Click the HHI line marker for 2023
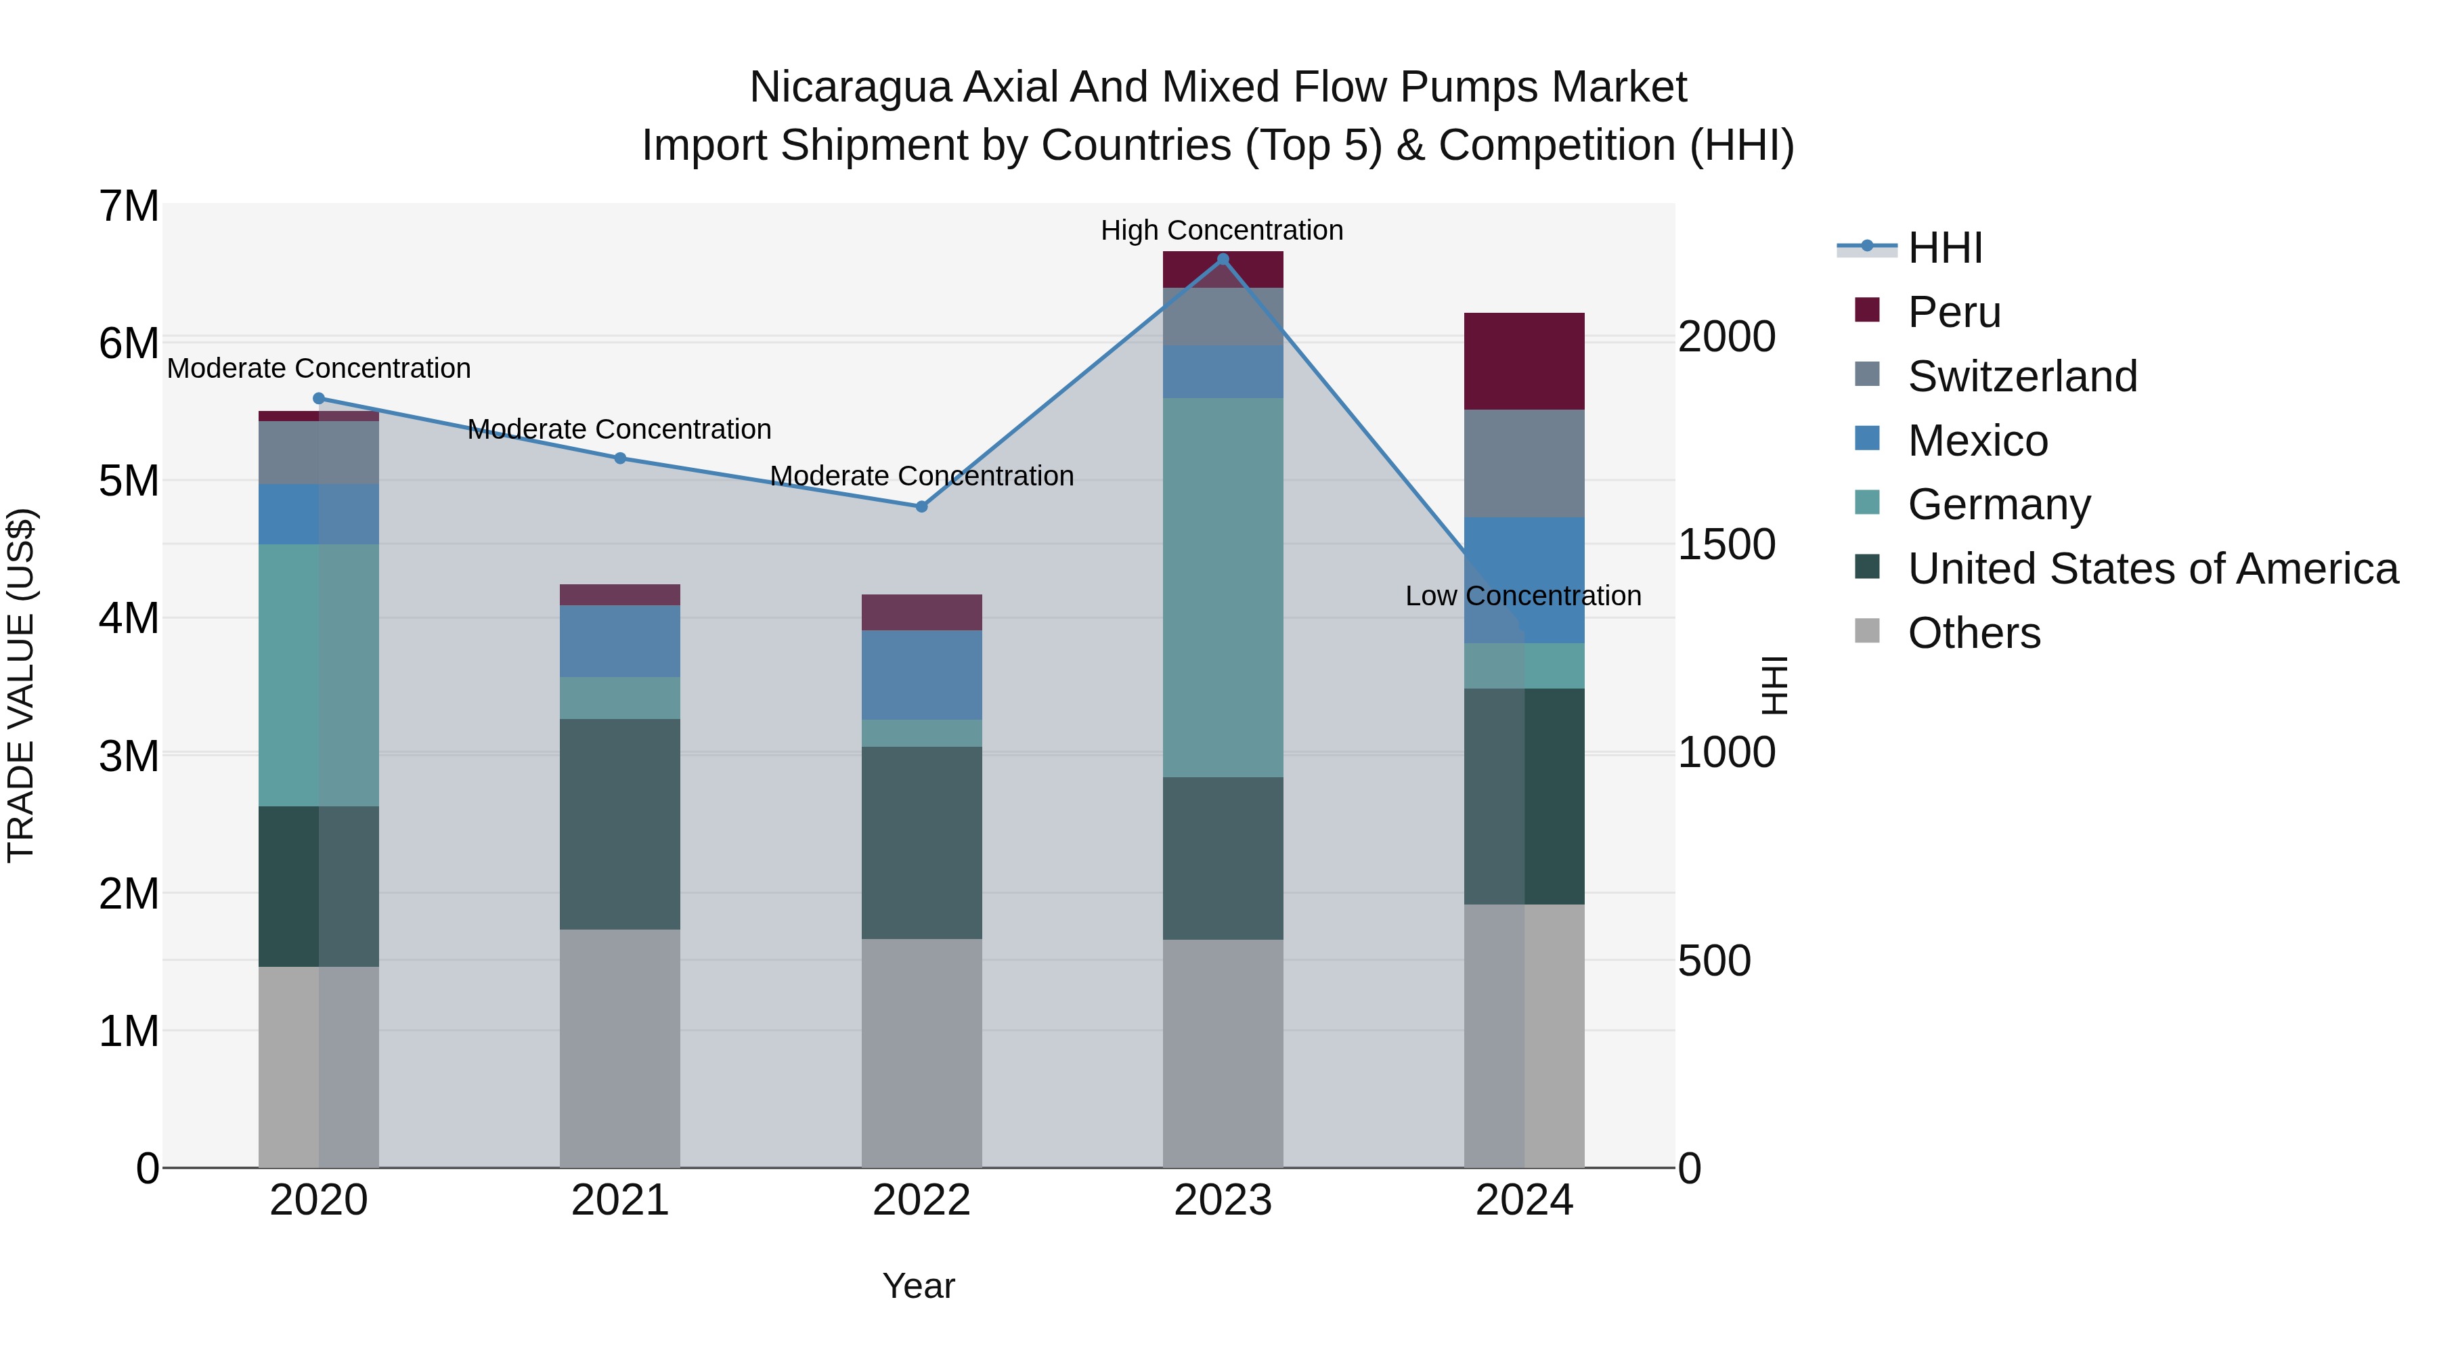(x=1223, y=259)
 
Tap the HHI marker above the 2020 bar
(x=318, y=398)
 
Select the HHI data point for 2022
(x=921, y=506)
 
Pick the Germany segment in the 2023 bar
(x=1223, y=586)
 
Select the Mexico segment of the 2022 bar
(x=921, y=674)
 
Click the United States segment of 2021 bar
(x=619, y=823)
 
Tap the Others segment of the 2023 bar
(x=1223, y=1052)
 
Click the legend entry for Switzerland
(x=2021, y=376)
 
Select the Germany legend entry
(x=1998, y=504)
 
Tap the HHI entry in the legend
(x=1944, y=248)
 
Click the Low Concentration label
(x=1522, y=596)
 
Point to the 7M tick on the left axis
(x=129, y=206)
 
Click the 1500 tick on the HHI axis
(x=1726, y=545)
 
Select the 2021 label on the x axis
(x=619, y=1200)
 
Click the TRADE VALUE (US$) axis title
(x=21, y=685)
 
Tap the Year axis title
(x=918, y=1286)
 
